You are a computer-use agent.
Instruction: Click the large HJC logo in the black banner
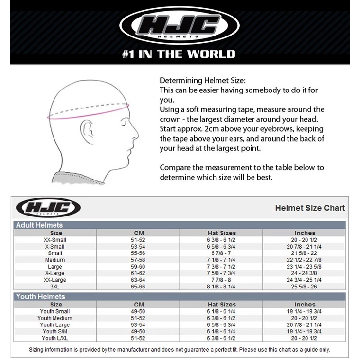180,25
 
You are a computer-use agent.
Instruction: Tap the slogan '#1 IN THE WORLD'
179,54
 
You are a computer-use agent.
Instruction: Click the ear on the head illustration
87,132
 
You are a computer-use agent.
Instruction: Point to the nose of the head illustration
135,133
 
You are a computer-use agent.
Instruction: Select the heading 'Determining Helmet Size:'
202,81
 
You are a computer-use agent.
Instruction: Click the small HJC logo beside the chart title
48,207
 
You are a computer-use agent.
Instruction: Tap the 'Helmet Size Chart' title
310,208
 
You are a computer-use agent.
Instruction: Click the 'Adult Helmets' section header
39,225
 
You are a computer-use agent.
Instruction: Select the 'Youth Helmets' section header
40,296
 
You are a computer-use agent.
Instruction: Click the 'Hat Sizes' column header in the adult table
222,233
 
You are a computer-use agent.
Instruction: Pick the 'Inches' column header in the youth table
305,305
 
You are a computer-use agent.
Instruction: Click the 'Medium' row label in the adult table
55,260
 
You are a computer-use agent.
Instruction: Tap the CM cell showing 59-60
138,267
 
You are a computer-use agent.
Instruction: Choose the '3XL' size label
54,287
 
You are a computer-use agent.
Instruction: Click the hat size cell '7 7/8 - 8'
221,280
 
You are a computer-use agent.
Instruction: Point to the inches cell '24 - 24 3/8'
304,273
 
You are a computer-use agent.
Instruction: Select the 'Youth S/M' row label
55,331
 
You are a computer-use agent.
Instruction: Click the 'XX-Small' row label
55,240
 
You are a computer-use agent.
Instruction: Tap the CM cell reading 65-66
138,287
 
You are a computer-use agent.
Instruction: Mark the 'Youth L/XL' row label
55,338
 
